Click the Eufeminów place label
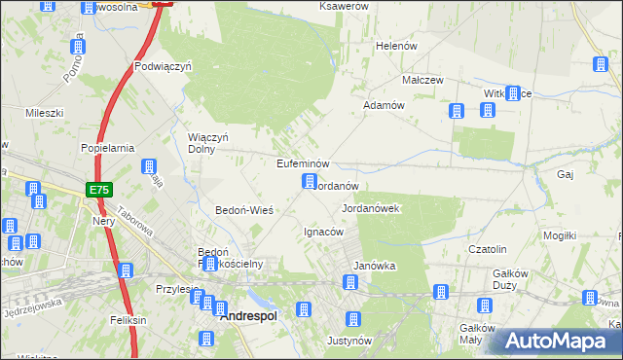pos(305,163)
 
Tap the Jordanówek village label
pos(372,209)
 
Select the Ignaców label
pos(323,232)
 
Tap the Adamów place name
pos(383,104)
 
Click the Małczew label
pos(424,81)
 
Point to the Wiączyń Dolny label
pos(207,143)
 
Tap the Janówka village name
pos(373,266)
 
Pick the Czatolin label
pos(489,249)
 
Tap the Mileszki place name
pos(44,113)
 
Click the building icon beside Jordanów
pos(310,182)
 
